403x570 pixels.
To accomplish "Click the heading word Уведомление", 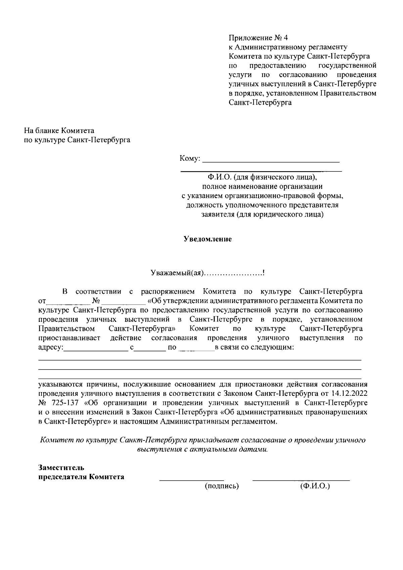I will click(208, 239).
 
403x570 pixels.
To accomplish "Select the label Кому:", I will click(190, 158).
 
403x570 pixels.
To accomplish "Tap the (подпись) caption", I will click(222, 486).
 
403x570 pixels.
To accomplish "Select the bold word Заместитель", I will click(61, 467).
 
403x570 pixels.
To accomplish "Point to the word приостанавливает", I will click(70, 338).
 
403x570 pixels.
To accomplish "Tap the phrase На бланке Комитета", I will click(59, 130).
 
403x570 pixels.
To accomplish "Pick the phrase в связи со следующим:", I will click(255, 347).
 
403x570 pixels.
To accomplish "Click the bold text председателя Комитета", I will click(81, 477).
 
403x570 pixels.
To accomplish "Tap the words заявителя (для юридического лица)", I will click(262, 214).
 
